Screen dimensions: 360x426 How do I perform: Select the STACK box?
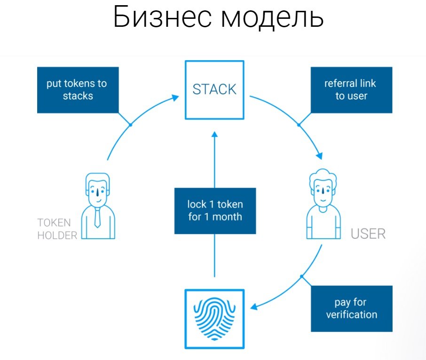(214, 89)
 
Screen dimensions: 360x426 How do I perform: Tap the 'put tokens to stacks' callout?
(78, 90)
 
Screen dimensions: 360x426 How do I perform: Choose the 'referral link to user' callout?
(351, 90)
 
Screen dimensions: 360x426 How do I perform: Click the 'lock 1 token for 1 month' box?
(215, 211)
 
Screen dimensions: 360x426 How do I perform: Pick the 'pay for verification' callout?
(351, 308)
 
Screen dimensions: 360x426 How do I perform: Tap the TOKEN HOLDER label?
(57, 229)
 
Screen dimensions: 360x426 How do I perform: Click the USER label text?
(368, 234)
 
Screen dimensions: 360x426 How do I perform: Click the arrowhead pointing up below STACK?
(215, 135)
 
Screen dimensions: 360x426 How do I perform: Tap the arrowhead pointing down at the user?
(321, 156)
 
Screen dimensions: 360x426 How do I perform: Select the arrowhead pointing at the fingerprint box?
(254, 307)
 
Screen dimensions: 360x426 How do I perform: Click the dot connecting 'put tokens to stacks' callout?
(131, 125)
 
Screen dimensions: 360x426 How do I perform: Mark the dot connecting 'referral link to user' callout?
(298, 125)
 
